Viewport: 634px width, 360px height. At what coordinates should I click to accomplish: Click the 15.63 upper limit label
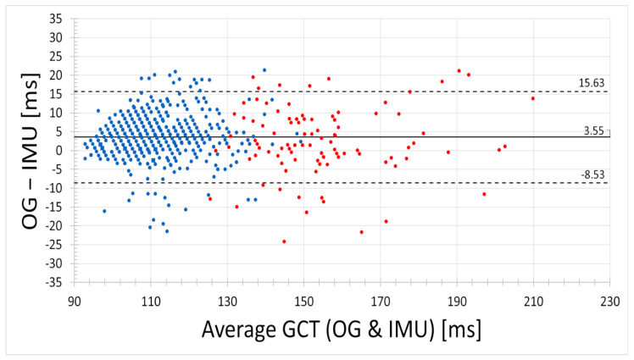pos(591,84)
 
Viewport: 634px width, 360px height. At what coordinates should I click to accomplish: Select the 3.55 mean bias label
pos(594,130)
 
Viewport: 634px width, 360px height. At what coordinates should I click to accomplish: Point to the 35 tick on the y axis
pos(59,19)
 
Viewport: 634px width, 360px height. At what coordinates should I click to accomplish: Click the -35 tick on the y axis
pos(57,281)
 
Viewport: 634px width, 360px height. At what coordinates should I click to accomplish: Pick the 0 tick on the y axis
pos(63,150)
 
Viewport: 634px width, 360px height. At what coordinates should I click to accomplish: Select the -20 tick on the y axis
pos(57,225)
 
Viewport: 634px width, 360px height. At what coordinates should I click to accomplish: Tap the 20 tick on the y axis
pos(59,75)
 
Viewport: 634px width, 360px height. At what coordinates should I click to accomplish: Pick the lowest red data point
pos(284,241)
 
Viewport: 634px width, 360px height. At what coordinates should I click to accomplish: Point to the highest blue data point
pos(264,70)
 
